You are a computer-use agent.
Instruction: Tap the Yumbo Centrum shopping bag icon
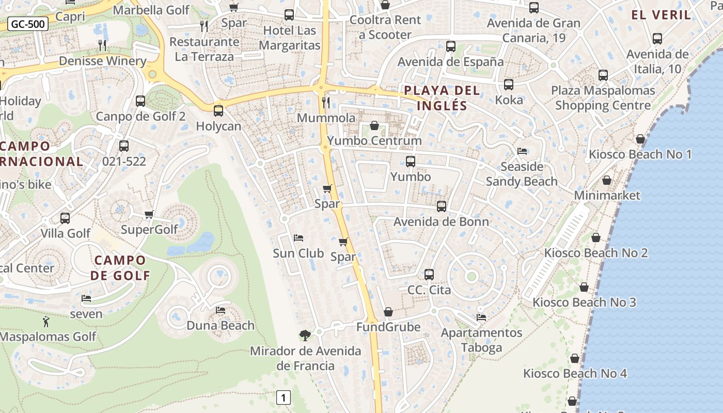[374, 125]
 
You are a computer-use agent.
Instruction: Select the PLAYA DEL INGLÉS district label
[442, 98]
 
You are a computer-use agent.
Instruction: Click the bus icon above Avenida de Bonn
[442, 206]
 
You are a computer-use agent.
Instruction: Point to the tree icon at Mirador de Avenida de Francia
[305, 336]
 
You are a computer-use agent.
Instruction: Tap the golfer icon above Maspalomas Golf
[46, 322]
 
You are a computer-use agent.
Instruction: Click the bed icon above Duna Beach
[221, 310]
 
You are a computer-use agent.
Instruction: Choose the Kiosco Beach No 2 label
[596, 253]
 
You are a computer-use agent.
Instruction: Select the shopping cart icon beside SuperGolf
[149, 214]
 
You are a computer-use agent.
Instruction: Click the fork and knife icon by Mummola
[325, 102]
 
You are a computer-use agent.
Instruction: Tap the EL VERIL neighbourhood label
[662, 14]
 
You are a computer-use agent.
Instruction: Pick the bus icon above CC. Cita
[429, 275]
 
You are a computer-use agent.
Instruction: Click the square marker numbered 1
[283, 398]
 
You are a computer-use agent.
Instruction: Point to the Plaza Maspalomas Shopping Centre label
[603, 98]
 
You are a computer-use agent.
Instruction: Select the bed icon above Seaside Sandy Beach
[522, 151]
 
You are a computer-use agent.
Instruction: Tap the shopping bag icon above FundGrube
[388, 312]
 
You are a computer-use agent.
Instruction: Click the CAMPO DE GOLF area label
[120, 267]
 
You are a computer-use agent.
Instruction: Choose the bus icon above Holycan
[218, 110]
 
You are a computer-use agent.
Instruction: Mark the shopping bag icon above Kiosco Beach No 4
[575, 358]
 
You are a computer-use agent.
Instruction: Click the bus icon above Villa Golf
[65, 218]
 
